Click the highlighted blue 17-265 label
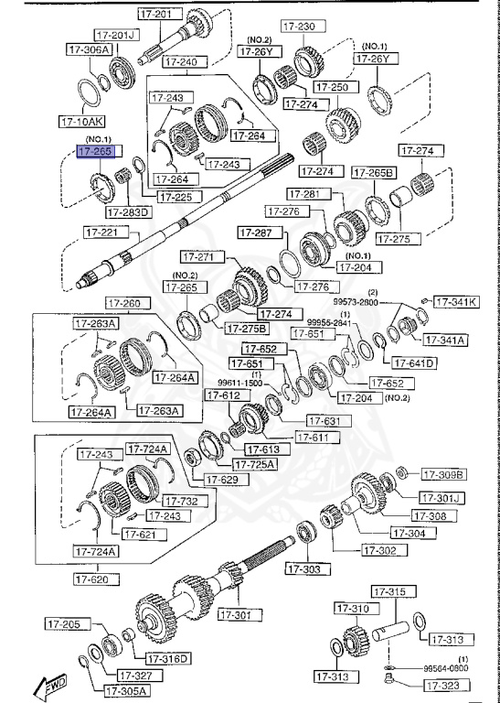pos(95,151)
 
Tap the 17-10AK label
pos(82,120)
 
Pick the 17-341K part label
pos(454,301)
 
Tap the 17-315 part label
pos(393,593)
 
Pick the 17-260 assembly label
pos(123,304)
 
